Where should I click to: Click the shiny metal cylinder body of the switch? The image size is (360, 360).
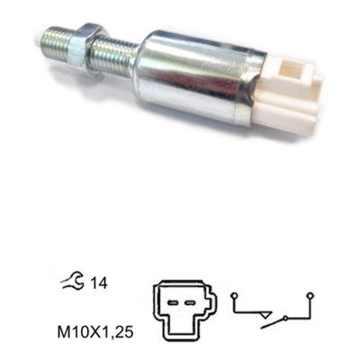(x=198, y=78)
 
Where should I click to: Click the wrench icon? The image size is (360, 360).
(x=73, y=281)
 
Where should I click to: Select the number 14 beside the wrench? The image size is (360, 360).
(x=99, y=283)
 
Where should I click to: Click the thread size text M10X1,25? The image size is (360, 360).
(x=95, y=332)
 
